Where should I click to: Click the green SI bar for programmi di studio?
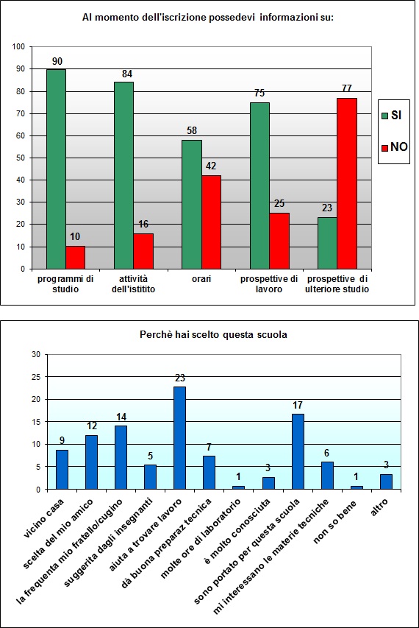(x=56, y=169)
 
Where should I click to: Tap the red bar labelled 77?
(x=347, y=183)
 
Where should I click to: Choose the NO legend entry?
(x=393, y=147)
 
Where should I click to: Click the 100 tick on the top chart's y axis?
(x=18, y=47)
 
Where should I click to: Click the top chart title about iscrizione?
(x=208, y=16)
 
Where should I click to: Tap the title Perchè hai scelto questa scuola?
(x=213, y=334)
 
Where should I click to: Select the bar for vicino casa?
(x=62, y=470)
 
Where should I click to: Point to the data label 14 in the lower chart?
(x=121, y=416)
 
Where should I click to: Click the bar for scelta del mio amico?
(x=91, y=462)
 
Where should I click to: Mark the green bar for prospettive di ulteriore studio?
(x=328, y=243)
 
